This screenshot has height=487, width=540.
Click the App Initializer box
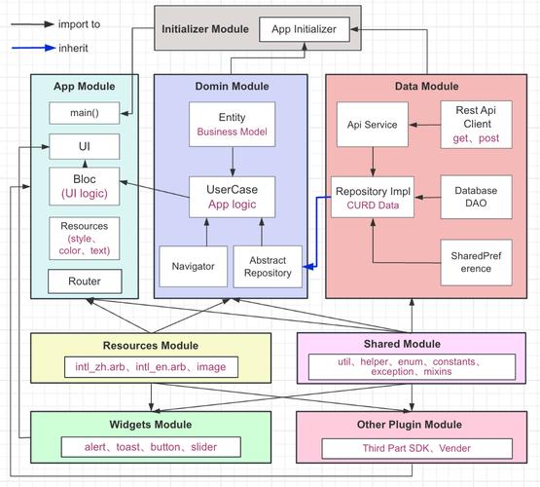305,29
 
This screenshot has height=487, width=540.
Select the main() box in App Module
85,113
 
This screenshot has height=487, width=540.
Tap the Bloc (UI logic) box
85,186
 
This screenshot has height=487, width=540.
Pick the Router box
85,281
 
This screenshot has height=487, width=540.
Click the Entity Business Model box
233,124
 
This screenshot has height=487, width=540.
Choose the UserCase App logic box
233,197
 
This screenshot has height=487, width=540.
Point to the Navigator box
194,266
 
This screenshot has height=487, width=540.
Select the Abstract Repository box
268,267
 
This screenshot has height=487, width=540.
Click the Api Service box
373,125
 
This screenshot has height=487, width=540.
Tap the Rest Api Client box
477,125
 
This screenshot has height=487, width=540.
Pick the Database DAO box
477,197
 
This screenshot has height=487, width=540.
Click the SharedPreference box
477,262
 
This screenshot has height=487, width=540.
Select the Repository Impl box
373,197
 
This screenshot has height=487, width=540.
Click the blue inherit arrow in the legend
33,48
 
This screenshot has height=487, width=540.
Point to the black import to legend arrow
32,24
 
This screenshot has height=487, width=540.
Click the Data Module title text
427,86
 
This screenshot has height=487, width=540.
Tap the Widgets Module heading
151,425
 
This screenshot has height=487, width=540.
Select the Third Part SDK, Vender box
416,448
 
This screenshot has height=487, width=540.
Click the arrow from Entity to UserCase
233,162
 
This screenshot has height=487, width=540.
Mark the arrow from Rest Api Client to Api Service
424,125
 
